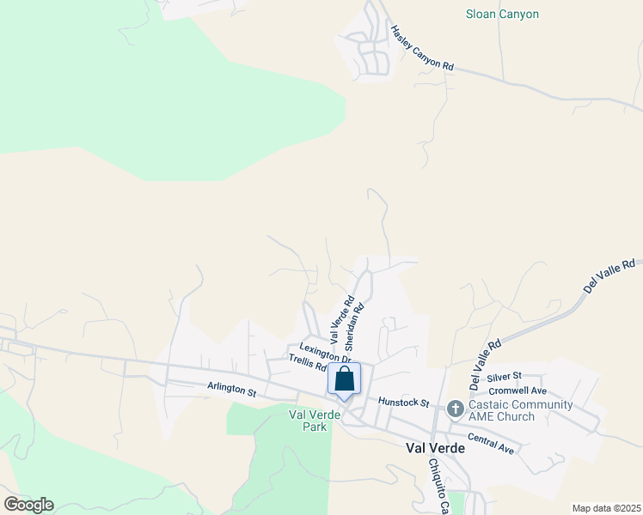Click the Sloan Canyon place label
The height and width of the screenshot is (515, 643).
click(x=502, y=15)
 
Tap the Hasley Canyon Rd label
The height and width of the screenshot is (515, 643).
click(x=421, y=48)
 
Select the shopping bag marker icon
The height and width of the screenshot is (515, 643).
click(x=344, y=379)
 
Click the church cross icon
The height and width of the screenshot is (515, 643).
click(x=455, y=409)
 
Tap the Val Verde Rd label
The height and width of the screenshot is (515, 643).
click(x=341, y=318)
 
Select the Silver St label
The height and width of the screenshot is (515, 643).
click(x=504, y=376)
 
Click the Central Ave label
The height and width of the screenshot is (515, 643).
click(x=491, y=444)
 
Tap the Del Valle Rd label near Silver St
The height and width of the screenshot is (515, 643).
click(x=485, y=361)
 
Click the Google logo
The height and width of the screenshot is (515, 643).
click(x=28, y=505)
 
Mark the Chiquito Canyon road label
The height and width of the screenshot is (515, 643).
click(x=438, y=486)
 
